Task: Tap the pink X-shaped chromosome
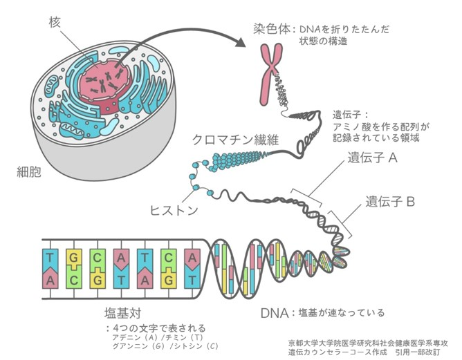click(270, 72)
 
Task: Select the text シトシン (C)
click(197, 345)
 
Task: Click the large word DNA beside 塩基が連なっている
click(275, 312)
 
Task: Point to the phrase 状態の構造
click(323, 41)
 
